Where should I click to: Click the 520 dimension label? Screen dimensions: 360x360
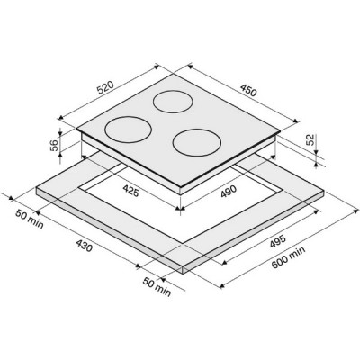point(105,86)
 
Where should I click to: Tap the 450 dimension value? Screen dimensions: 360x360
point(248,91)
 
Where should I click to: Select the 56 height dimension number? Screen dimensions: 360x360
point(54,146)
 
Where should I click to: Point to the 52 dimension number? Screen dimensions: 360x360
point(310,139)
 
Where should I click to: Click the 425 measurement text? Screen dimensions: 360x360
point(130,191)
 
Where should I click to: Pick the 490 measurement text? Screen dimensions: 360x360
point(229,192)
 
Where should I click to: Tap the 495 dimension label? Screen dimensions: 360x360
point(277,242)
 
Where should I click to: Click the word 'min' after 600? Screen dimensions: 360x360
point(298,251)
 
